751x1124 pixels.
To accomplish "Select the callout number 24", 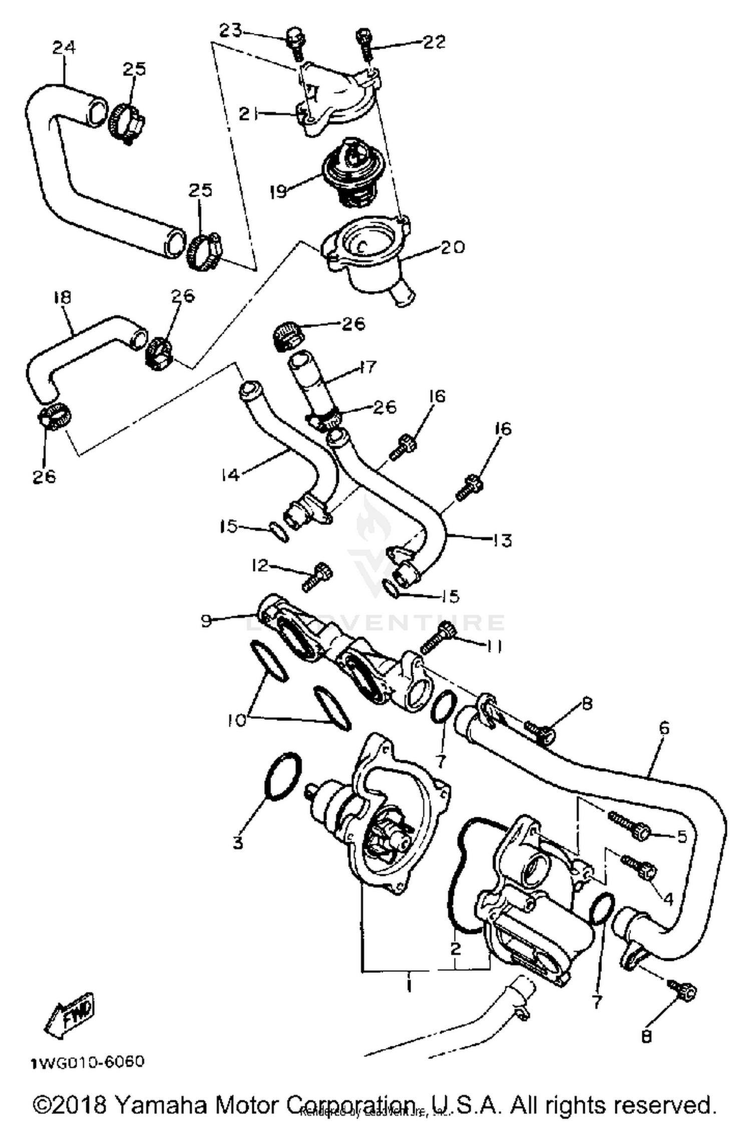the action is [64, 48].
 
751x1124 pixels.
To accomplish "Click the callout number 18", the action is [62, 298].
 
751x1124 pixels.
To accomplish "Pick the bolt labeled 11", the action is [436, 638].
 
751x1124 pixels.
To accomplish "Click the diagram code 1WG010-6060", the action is [88, 1060].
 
